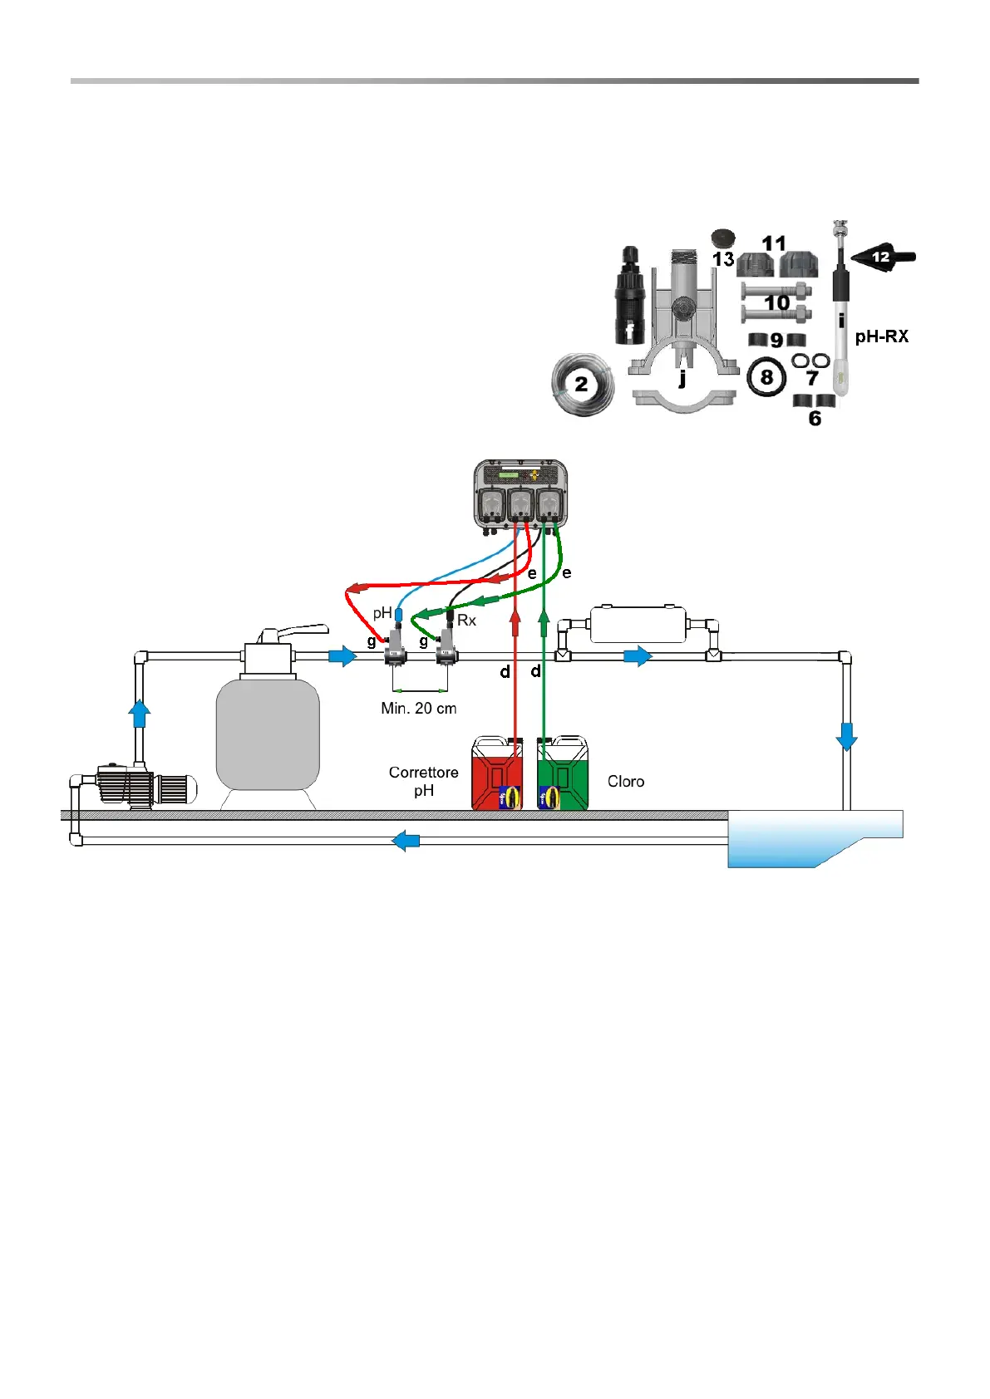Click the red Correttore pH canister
click(496, 773)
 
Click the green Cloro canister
click(563, 773)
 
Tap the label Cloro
click(625, 782)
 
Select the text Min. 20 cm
click(418, 709)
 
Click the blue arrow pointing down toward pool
click(846, 736)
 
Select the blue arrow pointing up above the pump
click(140, 713)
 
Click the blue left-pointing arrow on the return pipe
click(406, 841)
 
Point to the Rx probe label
click(466, 621)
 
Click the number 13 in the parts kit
click(722, 259)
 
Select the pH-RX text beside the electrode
click(881, 336)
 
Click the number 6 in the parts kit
click(815, 419)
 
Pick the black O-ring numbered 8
click(766, 378)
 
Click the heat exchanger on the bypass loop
click(638, 624)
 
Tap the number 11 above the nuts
click(773, 243)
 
